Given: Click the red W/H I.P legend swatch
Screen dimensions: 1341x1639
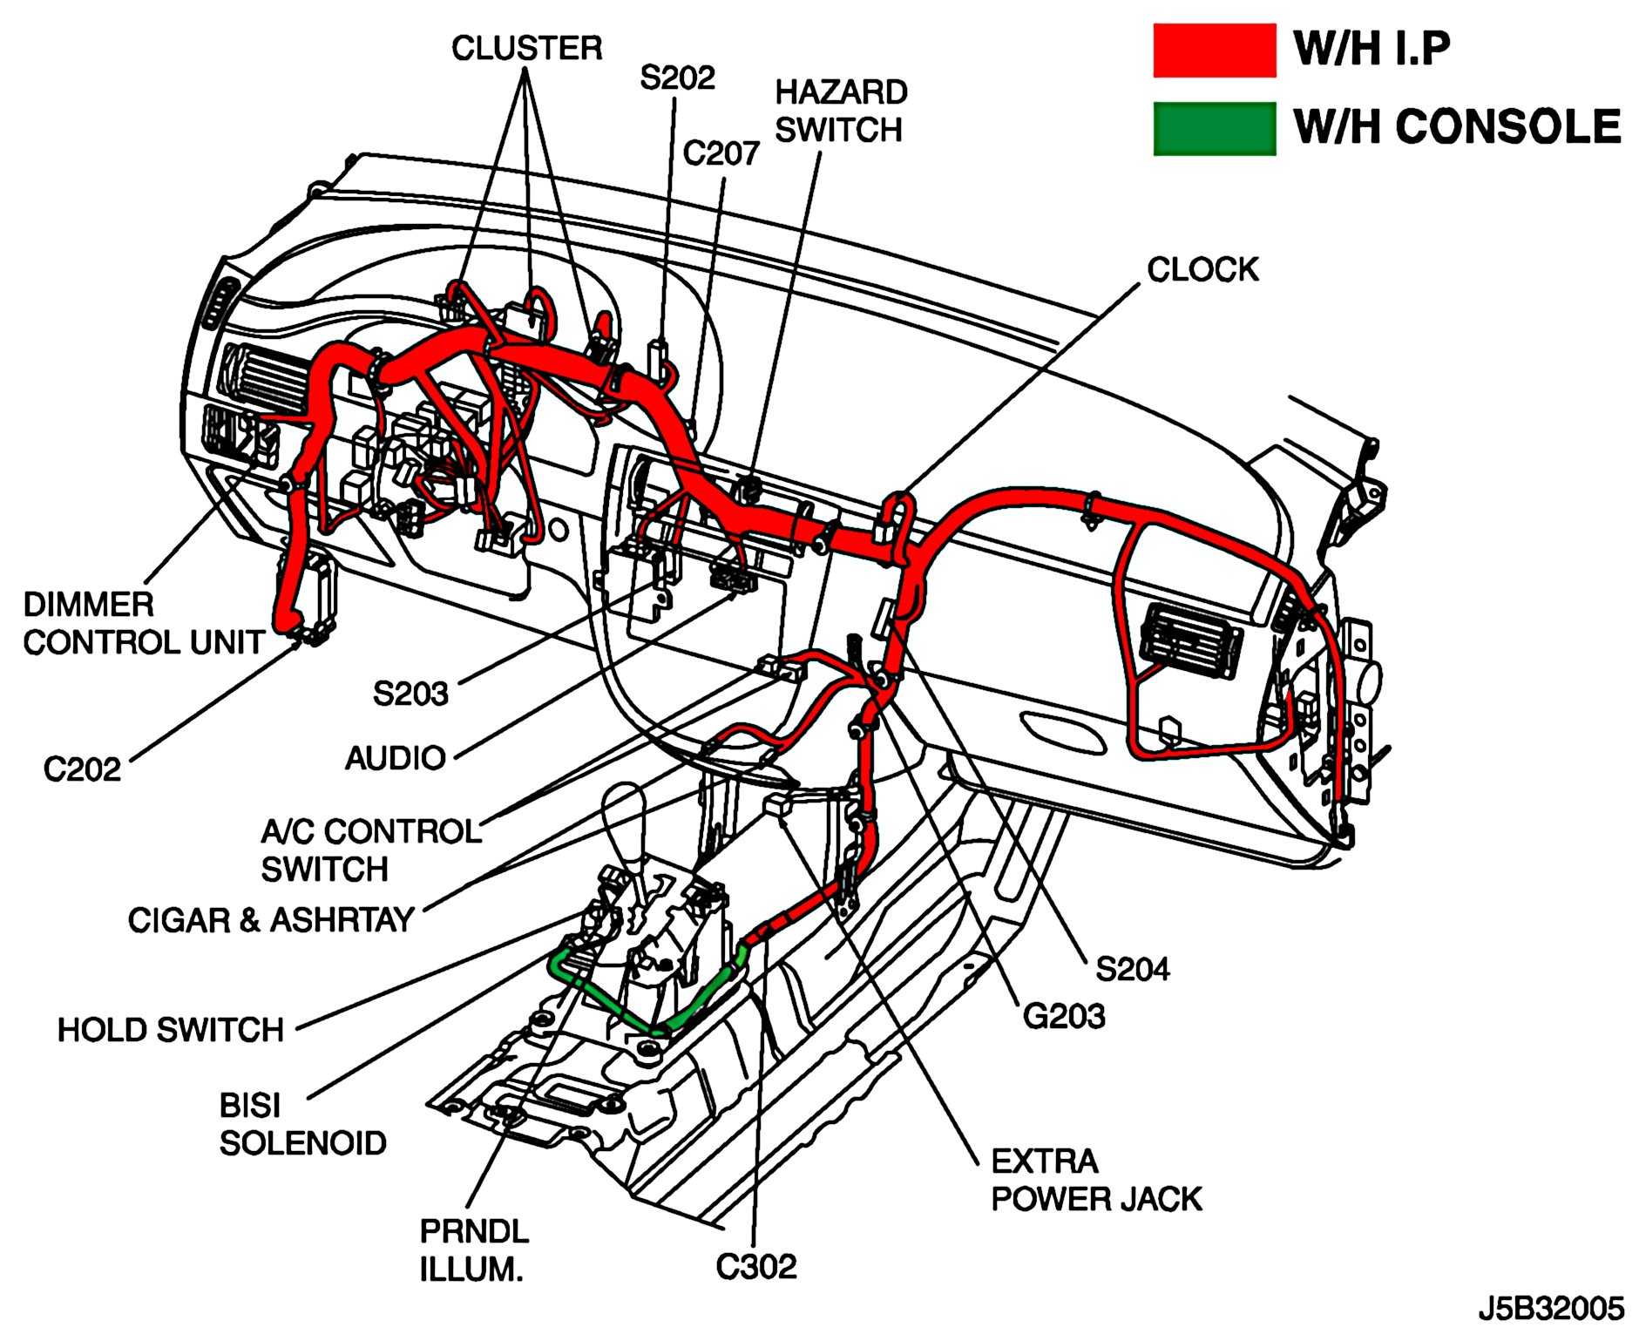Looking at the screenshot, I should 1214,50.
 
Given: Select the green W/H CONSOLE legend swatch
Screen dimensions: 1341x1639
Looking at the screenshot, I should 1214,128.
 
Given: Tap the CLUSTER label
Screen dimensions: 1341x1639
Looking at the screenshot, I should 526,48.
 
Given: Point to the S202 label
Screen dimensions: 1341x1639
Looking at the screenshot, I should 677,78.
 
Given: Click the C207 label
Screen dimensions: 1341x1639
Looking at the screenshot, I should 721,153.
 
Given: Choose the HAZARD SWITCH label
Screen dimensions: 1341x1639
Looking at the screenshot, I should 841,111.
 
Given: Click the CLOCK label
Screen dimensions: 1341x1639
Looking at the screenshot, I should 1202,269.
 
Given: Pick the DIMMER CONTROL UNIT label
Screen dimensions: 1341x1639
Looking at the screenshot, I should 144,623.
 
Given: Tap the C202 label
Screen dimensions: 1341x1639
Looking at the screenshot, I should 82,769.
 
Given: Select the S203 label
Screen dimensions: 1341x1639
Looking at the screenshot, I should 410,694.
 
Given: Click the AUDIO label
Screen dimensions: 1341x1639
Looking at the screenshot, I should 396,758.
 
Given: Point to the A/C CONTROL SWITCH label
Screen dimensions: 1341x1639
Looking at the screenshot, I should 371,850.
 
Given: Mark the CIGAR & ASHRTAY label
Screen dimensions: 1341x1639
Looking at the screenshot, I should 271,920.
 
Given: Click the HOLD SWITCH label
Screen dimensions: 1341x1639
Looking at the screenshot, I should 171,1030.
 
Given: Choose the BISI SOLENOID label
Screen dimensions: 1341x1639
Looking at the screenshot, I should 302,1124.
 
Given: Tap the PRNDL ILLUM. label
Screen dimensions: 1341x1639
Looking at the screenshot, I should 474,1250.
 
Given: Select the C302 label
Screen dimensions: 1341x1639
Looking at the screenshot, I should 756,1267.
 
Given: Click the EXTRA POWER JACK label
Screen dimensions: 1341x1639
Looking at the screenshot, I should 1096,1180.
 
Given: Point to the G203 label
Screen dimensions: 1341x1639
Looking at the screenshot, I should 1063,1016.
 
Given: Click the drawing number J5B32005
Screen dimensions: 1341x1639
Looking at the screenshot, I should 1550,1309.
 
